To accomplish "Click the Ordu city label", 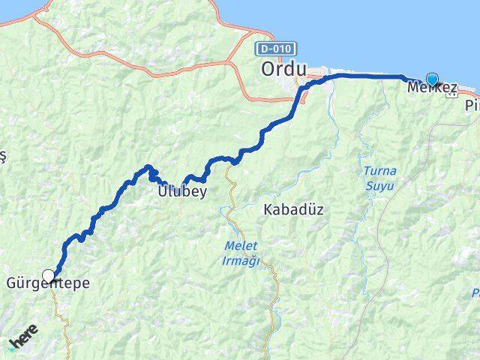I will click(x=284, y=69).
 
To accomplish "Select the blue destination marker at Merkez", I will click(x=433, y=79).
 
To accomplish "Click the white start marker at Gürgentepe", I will click(x=49, y=276).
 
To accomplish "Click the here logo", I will click(x=23, y=342).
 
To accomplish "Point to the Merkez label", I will click(x=431, y=88).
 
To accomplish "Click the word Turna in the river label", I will click(x=379, y=169).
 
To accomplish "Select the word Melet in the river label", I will click(x=241, y=246).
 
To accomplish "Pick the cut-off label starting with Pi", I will click(x=472, y=106).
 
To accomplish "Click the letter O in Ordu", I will click(x=268, y=69).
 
